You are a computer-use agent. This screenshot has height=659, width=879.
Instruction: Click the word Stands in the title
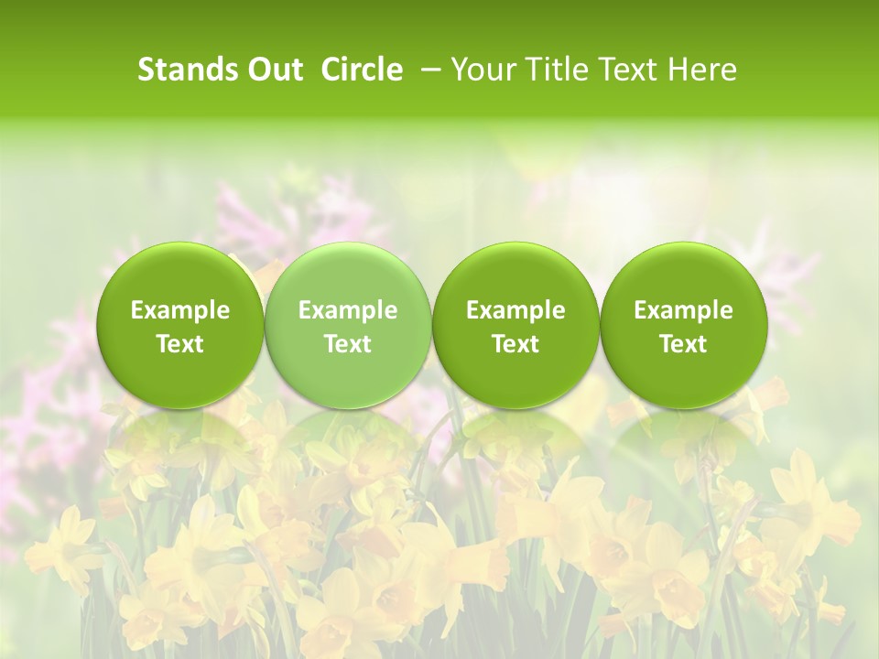click(183, 70)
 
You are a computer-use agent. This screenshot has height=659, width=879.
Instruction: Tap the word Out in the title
click(272, 70)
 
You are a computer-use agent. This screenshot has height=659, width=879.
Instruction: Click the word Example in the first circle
click(180, 310)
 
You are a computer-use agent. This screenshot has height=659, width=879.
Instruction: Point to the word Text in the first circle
click(180, 344)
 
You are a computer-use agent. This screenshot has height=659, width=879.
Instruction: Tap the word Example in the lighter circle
click(348, 310)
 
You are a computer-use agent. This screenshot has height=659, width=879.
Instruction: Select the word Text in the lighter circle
click(348, 344)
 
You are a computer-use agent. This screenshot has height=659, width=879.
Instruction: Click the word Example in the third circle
click(515, 310)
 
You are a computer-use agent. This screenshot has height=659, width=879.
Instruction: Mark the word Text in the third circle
click(515, 344)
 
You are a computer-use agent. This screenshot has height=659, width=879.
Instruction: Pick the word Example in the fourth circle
click(683, 310)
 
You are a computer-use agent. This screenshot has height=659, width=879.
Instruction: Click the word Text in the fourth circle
click(683, 344)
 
